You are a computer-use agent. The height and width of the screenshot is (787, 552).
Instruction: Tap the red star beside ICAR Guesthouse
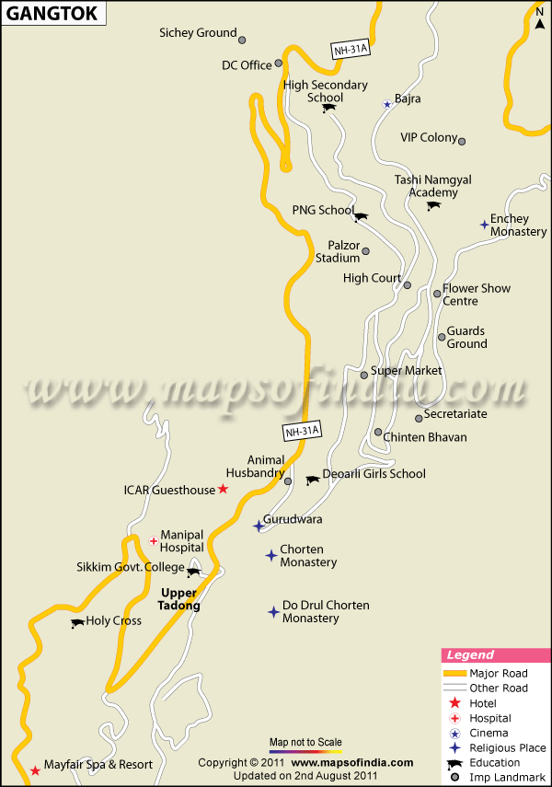223,489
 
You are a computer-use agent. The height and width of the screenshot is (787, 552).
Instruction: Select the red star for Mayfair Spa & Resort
35,770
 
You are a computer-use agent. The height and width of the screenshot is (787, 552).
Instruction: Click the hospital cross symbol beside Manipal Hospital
153,540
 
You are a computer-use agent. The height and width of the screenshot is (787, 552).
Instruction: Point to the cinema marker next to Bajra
387,104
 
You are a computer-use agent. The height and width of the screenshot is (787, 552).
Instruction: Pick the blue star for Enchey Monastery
484,224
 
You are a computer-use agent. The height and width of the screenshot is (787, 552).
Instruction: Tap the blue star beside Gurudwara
259,526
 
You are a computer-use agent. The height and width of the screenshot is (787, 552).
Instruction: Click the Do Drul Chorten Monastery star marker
272,611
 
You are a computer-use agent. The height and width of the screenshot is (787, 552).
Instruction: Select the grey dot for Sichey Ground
242,40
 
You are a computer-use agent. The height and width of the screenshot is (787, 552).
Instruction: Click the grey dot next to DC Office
278,64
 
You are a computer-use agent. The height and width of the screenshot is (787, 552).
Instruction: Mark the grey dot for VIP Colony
462,141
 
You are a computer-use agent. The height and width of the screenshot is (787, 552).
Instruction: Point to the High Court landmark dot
407,285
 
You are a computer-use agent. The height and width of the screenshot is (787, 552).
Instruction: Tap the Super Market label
406,371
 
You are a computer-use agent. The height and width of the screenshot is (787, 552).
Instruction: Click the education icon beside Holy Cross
76,623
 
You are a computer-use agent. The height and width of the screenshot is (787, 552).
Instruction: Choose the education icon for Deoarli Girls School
312,480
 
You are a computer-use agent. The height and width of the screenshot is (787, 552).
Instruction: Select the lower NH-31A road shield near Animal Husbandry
301,430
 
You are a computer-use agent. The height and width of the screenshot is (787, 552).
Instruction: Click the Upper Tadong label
180,599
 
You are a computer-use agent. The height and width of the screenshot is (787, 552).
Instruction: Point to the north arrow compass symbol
539,18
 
